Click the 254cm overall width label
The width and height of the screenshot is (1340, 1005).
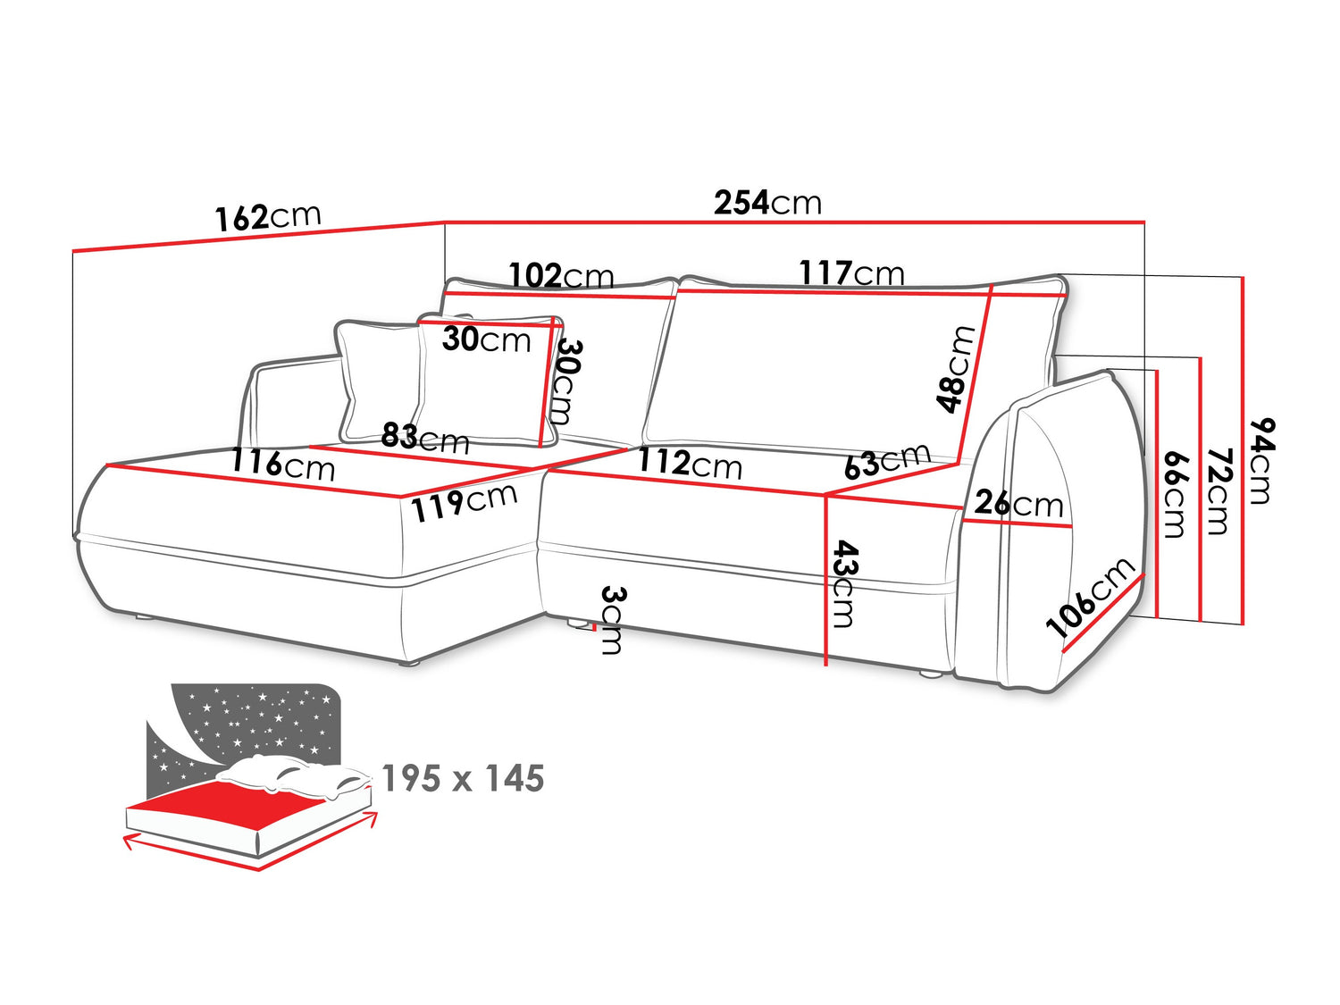767,203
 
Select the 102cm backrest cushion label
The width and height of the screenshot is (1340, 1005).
561,275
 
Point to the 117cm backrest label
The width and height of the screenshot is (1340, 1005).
851,272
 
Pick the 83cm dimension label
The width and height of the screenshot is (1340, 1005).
425,438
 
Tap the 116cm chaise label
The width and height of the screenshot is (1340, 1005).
283,465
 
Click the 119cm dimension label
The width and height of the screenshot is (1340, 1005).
464,502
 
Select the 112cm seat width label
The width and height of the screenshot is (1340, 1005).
690,463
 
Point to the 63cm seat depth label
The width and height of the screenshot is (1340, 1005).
888,461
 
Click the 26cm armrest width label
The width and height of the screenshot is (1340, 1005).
1018,504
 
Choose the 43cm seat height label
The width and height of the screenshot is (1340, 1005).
844,583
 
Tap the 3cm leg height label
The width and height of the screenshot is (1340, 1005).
612,619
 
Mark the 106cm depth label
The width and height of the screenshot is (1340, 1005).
1090,598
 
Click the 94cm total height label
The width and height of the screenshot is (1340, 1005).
1260,461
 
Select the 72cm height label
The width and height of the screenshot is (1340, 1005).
1218,491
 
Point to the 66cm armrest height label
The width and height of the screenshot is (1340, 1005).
1175,494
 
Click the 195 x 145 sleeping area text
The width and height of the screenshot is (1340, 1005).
463,779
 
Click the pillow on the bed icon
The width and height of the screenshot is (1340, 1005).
294,776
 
